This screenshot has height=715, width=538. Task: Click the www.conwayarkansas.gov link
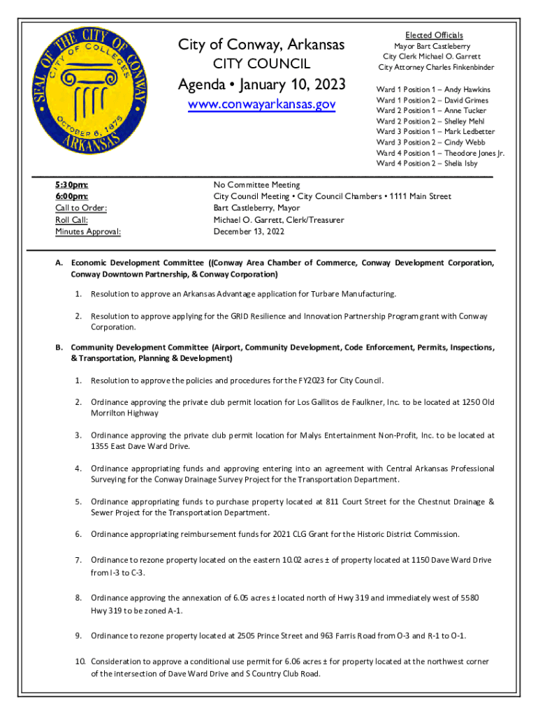[261, 105]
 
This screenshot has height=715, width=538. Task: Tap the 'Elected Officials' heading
[434, 35]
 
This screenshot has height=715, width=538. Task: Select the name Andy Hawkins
[467, 89]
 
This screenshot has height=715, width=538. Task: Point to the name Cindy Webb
[469, 142]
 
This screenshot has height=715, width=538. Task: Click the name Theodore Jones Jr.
[474, 152]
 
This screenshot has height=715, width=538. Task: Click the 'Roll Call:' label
[71, 220]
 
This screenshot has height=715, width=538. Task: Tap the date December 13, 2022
[249, 231]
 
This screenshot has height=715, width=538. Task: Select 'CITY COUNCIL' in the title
[261, 65]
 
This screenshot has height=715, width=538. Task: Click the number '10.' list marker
[80, 661]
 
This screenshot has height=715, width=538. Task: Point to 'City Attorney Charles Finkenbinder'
[436, 67]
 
